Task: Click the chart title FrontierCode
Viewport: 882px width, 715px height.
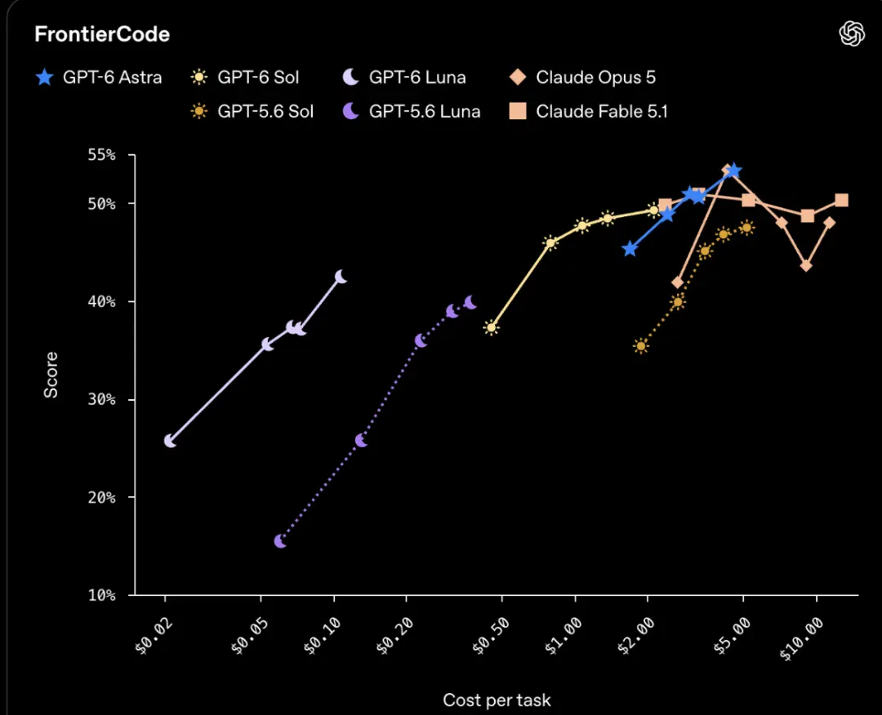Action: click(102, 34)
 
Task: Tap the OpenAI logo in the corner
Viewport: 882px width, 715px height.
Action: click(852, 33)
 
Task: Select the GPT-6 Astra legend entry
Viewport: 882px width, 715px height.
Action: click(99, 77)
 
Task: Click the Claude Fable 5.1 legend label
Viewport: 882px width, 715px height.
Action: click(601, 111)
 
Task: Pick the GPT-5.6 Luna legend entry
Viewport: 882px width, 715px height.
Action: click(412, 111)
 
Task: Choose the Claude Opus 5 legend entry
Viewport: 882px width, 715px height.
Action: click(582, 77)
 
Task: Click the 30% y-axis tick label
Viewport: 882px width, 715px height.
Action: click(102, 400)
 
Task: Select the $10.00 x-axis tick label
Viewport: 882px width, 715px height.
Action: click(802, 638)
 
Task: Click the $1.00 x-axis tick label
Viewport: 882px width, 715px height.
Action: click(563, 637)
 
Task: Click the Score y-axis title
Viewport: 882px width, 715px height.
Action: click(51, 375)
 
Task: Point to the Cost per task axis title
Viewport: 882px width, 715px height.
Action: click(497, 699)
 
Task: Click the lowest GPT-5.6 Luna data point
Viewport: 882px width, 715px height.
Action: click(280, 541)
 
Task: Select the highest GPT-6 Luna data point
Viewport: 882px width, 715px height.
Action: click(341, 277)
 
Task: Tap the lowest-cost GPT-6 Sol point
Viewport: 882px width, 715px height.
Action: click(491, 327)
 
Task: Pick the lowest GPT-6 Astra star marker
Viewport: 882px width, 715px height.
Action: click(630, 248)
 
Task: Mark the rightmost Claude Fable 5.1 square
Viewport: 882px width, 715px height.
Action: click(841, 200)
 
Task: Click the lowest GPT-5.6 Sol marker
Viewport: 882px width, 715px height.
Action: click(641, 346)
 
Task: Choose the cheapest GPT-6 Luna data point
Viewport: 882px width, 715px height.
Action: click(170, 442)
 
